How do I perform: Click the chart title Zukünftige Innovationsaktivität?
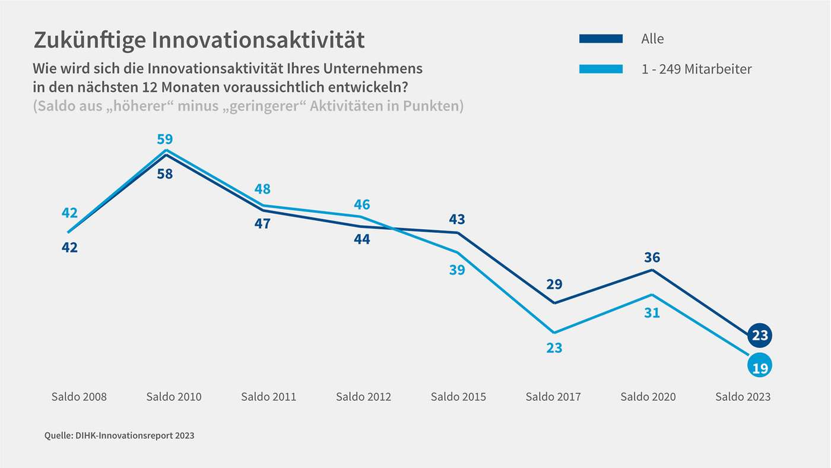pyautogui.click(x=199, y=40)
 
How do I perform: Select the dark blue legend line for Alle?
pyautogui.click(x=601, y=39)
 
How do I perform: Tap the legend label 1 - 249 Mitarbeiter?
pyautogui.click(x=696, y=69)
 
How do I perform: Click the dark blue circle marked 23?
pyautogui.click(x=760, y=336)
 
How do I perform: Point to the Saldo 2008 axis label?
pyautogui.click(x=79, y=397)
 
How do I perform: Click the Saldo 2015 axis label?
pyautogui.click(x=458, y=397)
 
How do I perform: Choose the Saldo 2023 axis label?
pyautogui.click(x=743, y=397)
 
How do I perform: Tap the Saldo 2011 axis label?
pyautogui.click(x=268, y=397)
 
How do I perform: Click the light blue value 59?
pyautogui.click(x=164, y=140)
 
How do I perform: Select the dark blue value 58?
pyautogui.click(x=164, y=175)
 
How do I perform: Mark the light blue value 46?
pyautogui.click(x=361, y=205)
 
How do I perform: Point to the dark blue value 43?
pyautogui.click(x=456, y=219)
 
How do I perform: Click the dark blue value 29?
pyautogui.click(x=554, y=284)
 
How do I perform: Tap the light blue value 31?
pyautogui.click(x=652, y=312)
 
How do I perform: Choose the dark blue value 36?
pyautogui.click(x=652, y=258)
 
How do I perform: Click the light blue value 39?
pyautogui.click(x=456, y=270)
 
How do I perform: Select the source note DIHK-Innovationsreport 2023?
pyautogui.click(x=119, y=436)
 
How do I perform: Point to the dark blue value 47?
pyautogui.click(x=262, y=224)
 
